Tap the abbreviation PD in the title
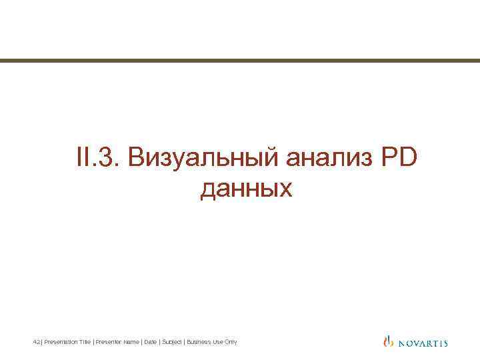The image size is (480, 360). point(397,158)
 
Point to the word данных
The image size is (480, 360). point(246,189)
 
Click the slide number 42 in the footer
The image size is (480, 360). point(36,342)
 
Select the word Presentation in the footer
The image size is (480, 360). point(58,342)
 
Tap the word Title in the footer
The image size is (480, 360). point(83,342)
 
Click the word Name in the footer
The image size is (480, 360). point(131,342)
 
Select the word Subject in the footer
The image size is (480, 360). point(171,342)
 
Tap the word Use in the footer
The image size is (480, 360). point(219,342)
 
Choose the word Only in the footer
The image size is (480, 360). point(231,342)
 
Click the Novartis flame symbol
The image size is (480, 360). point(389,342)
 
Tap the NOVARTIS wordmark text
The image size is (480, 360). point(423,343)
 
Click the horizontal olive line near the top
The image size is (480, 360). point(240,61)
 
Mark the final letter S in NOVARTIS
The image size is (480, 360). point(445,343)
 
